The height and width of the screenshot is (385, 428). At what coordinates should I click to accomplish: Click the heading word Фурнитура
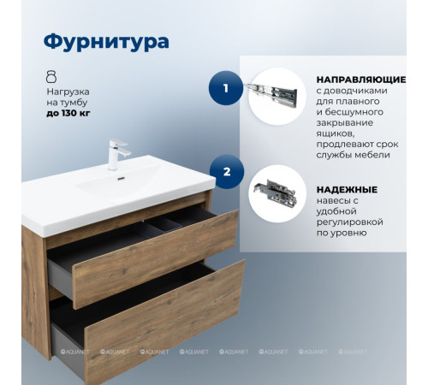pyautogui.click(x=106, y=41)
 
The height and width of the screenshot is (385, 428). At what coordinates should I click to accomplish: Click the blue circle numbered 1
pyautogui.click(x=226, y=87)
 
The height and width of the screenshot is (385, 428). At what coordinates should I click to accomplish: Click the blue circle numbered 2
pyautogui.click(x=226, y=172)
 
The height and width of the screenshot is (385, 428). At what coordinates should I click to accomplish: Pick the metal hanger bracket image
pyautogui.click(x=276, y=193)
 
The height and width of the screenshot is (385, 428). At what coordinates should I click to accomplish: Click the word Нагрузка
pyautogui.click(x=68, y=90)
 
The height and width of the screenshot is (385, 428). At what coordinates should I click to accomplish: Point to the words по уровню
pyautogui.click(x=341, y=234)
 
